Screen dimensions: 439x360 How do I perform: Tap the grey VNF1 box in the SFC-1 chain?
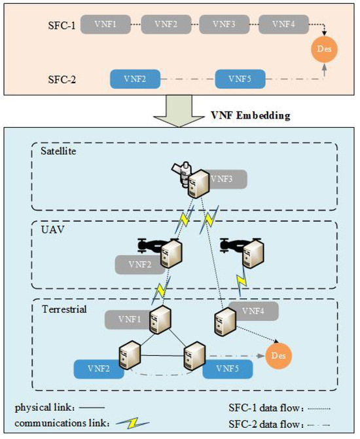pos(109,24)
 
